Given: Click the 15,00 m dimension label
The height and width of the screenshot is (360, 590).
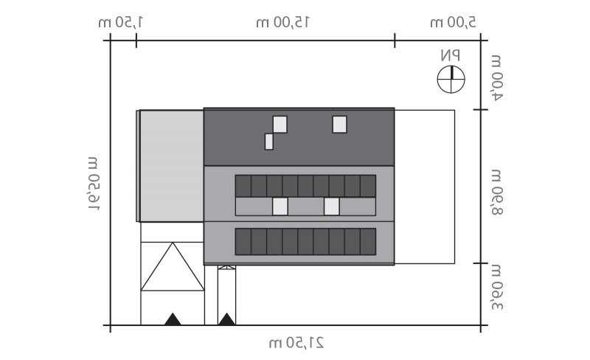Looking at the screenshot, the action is [x=282, y=22].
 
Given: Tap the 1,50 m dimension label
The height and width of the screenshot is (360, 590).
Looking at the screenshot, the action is [x=120, y=22].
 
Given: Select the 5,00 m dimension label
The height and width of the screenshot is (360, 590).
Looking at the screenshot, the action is [x=453, y=22].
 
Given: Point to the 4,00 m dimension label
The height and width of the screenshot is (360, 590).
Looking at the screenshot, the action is [x=496, y=77].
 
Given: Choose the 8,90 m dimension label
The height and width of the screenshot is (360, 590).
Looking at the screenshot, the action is [x=496, y=192].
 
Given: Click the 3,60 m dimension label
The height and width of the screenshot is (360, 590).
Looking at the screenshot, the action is [x=496, y=288].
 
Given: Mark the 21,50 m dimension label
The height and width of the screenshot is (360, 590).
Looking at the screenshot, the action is [x=296, y=343].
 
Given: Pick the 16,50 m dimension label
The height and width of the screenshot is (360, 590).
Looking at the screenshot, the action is [x=94, y=184].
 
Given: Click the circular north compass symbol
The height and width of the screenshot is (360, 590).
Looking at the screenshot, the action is [x=451, y=80].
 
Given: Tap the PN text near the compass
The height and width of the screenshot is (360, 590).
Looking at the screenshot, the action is [x=450, y=55].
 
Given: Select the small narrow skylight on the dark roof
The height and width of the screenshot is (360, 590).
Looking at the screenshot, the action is [x=269, y=142].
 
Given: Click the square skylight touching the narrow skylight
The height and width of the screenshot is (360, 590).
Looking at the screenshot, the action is [x=280, y=124].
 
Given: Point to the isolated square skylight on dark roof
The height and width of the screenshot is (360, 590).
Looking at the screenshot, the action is [x=339, y=124].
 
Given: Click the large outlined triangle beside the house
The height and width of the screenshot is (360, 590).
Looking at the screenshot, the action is [x=173, y=266].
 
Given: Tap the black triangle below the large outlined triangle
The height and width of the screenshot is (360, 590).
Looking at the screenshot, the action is [x=173, y=319].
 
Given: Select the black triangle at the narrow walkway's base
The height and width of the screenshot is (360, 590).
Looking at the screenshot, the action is [x=227, y=319].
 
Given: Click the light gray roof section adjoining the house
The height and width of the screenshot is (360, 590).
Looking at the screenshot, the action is [x=170, y=166].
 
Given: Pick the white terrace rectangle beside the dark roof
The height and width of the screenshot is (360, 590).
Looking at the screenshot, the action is [x=425, y=187].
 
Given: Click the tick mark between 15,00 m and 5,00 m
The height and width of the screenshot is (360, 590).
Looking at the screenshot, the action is [x=395, y=41].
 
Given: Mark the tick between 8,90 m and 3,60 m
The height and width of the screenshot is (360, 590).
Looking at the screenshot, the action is [x=481, y=263].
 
